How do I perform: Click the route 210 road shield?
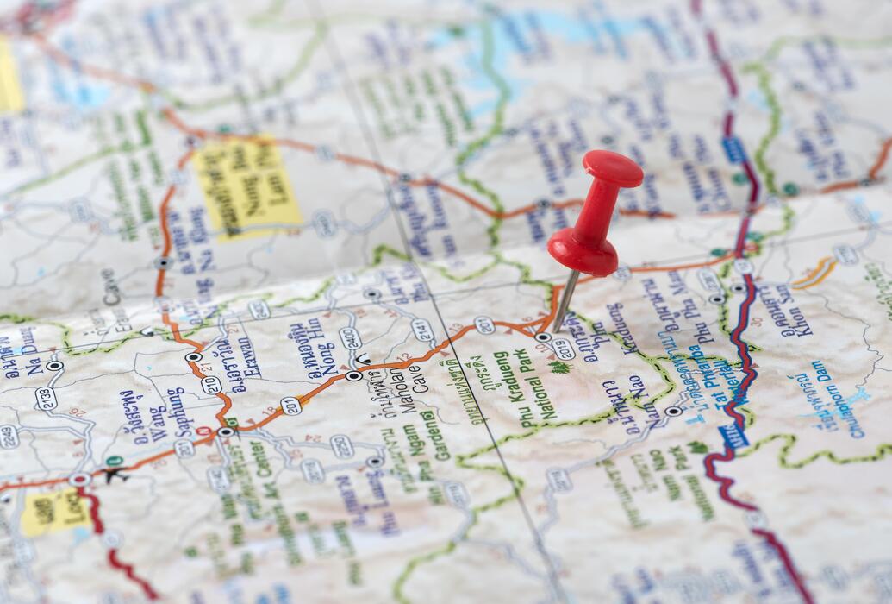tap(212, 383)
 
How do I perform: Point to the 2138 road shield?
tap(47, 398)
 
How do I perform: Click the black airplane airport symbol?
tap(115, 474)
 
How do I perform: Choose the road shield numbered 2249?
tap(8, 437)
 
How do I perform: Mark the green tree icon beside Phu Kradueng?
tap(560, 367)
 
